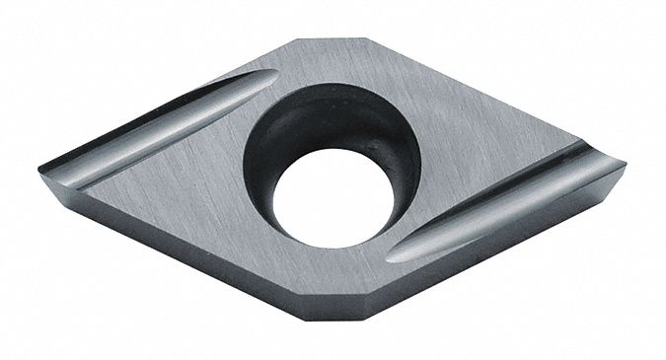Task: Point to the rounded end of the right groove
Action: [x=395, y=254]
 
